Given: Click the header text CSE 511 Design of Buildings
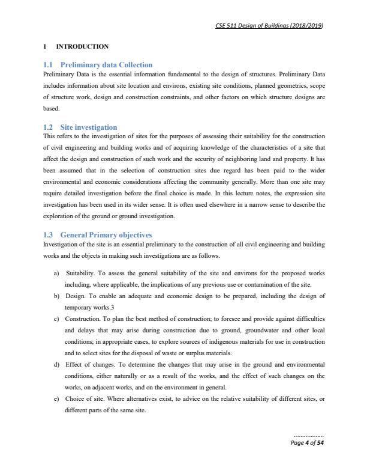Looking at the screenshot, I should (269, 25).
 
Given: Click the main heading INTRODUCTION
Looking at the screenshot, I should (82, 46).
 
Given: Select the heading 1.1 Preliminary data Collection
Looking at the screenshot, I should (98, 64).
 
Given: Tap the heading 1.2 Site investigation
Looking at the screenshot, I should (80, 127).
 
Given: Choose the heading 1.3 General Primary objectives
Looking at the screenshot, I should (98, 234).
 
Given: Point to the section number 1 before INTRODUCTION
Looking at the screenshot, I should (44, 46).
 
